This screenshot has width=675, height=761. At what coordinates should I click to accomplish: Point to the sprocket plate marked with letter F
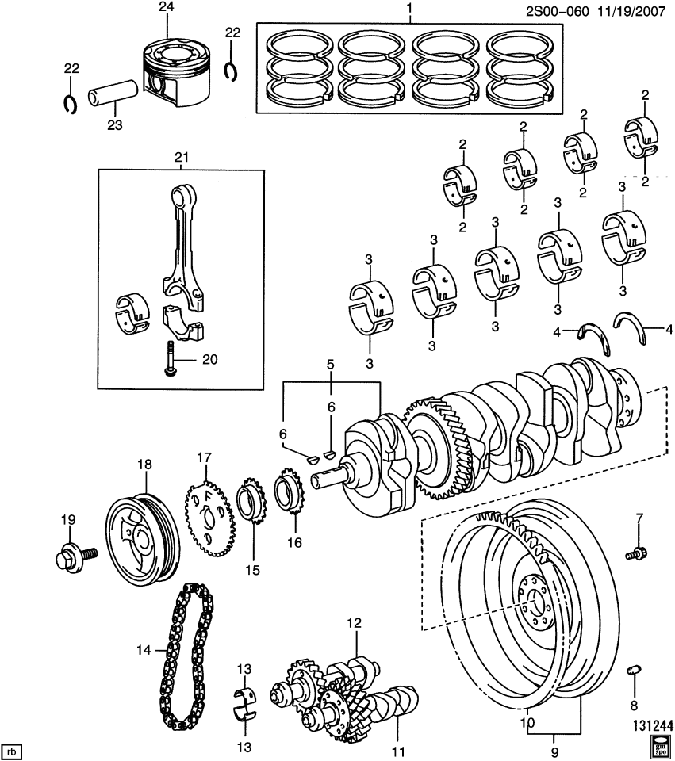click(205, 516)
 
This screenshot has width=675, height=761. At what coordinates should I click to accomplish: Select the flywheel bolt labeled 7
click(636, 553)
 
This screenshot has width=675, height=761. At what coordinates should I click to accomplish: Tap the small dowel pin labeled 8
click(634, 672)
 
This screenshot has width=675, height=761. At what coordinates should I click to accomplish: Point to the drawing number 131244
click(652, 725)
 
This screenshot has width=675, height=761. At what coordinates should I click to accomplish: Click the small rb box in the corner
click(11, 750)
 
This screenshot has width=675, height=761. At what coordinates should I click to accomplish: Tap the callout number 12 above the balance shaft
click(353, 623)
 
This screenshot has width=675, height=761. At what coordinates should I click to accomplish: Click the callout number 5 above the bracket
click(332, 365)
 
